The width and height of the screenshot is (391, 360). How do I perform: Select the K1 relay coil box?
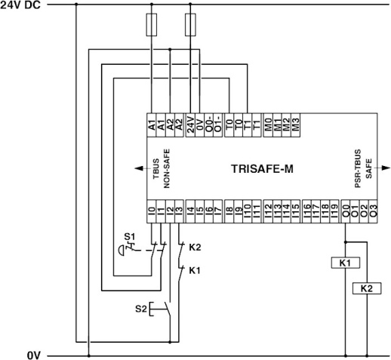pos(345,263)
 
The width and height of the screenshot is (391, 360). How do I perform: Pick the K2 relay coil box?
pos(366,288)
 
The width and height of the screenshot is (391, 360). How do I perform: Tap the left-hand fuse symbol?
pos(153,27)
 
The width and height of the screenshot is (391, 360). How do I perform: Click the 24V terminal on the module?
pos(191,123)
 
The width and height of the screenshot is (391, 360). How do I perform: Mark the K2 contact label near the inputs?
pos(195,248)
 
